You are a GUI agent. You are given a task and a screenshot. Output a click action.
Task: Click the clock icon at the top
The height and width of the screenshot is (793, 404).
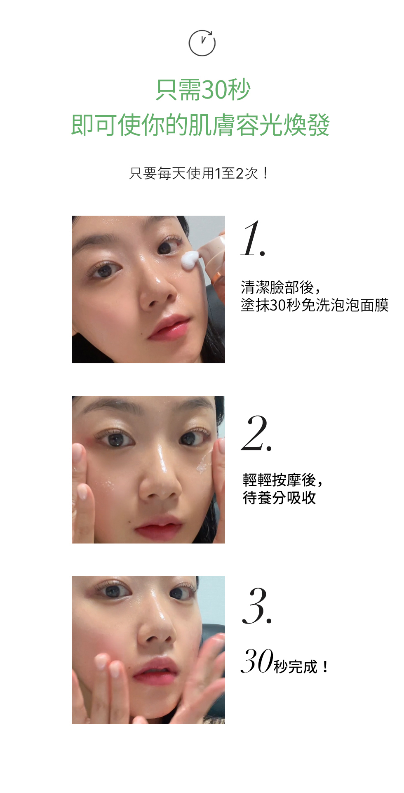(202, 43)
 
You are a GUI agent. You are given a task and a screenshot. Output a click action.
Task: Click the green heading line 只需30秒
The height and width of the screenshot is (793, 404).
(203, 90)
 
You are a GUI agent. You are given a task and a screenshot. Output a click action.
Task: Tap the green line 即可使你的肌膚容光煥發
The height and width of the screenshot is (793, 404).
(200, 125)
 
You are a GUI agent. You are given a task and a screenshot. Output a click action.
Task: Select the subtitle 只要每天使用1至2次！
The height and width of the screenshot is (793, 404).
(200, 173)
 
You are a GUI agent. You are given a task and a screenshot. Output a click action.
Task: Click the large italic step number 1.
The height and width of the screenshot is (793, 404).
(252, 239)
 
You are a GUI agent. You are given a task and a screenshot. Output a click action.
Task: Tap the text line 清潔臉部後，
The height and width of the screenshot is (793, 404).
(280, 287)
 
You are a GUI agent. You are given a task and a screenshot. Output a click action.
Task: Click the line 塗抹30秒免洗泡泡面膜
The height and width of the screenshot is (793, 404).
(314, 306)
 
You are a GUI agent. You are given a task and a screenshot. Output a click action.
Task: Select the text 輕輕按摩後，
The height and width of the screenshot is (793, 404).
(283, 480)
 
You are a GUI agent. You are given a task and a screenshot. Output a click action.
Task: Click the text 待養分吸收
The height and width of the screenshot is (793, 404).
(279, 498)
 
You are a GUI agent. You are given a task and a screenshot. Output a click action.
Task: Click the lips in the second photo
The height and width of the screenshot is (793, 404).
(159, 528)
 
